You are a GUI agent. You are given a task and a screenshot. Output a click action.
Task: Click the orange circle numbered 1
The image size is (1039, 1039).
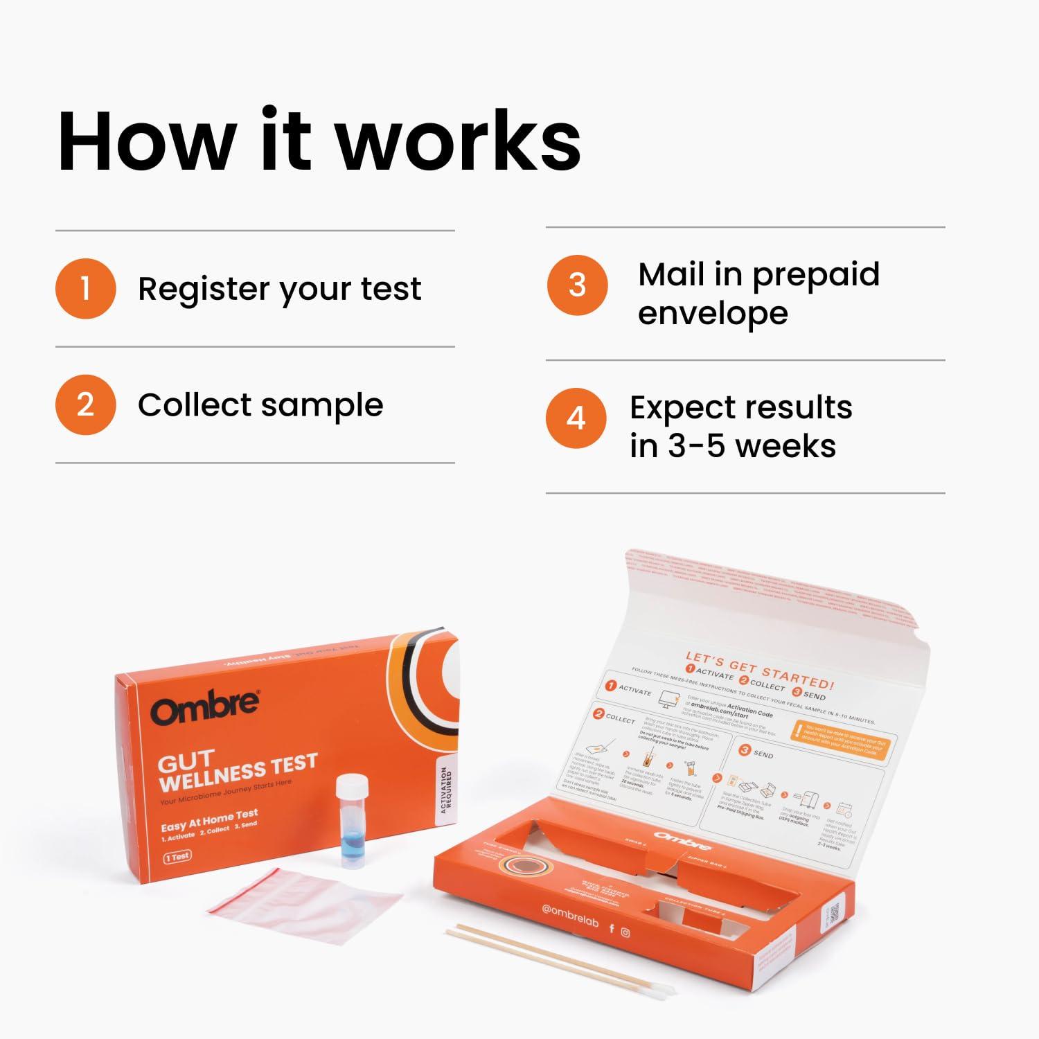85,288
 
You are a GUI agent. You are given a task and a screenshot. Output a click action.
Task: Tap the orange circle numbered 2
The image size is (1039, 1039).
85,405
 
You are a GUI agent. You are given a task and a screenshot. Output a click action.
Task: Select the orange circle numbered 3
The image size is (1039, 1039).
577,285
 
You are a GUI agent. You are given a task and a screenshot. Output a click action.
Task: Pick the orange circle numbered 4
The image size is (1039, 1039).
576,418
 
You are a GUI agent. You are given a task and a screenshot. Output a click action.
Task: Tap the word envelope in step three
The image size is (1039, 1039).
713,313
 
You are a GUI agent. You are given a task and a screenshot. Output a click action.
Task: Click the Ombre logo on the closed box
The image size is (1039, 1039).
206,707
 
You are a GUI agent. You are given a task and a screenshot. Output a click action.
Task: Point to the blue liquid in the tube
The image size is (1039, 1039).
351,840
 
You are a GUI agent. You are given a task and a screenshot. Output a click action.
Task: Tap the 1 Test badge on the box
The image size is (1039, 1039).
178,856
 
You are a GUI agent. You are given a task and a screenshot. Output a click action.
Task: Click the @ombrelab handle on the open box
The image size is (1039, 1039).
570,916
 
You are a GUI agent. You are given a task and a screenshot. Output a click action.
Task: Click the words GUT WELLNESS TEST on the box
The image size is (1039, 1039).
236,770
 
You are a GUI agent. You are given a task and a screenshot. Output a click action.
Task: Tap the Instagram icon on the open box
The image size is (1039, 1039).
625,932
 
